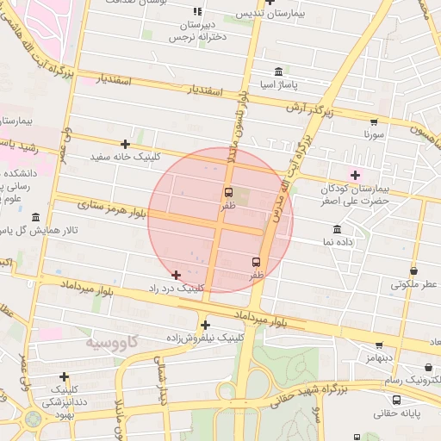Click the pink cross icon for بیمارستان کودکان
tap(355, 175)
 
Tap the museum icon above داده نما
tap(336, 229)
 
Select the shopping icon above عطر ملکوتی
tap(413, 270)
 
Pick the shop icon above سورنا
tap(373, 121)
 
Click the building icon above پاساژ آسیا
tap(277, 71)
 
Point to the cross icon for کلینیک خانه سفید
tap(126, 144)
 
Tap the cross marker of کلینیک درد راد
tap(177, 275)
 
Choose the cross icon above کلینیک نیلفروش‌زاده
tap(205, 325)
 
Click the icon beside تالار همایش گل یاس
tap(35, 217)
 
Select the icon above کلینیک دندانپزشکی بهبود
tap(65, 376)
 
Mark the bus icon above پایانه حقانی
tap(395, 400)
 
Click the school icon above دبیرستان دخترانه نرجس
tap(197, 12)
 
